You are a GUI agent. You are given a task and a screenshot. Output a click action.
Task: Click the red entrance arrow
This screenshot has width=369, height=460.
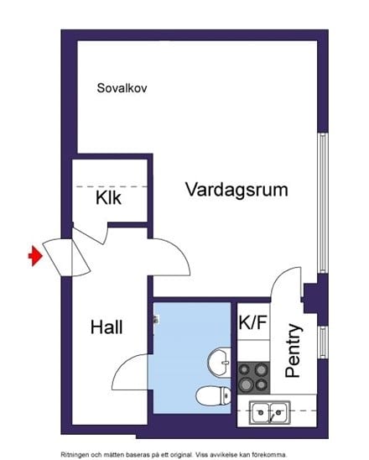tap(34, 256)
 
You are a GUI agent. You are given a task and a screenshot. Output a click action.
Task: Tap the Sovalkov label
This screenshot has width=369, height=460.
tap(122, 87)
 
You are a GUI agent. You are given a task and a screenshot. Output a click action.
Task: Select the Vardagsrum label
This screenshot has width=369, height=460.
tap(237, 190)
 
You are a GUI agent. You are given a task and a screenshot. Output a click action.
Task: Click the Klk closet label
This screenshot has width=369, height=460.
tap(108, 199)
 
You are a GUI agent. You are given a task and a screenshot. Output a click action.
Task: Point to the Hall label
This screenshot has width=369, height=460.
tap(107, 327)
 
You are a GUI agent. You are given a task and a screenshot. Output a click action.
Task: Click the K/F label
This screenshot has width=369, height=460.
tap(253, 321)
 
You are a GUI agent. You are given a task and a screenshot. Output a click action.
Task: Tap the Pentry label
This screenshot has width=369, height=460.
tap(294, 350)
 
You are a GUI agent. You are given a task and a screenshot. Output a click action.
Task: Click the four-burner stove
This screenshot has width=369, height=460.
tap(253, 376)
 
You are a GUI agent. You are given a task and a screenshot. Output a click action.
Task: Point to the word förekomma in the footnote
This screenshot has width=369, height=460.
tap(282, 453)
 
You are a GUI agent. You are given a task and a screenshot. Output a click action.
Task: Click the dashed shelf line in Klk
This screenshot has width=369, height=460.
tap(111, 186)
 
